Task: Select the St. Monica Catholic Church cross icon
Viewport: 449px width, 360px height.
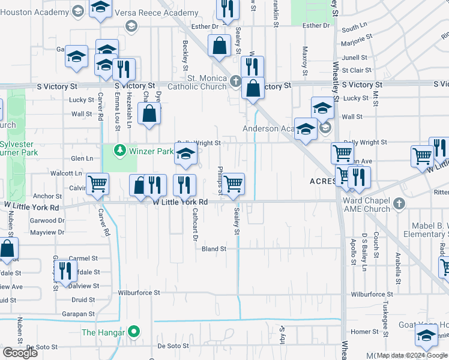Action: click(236, 80)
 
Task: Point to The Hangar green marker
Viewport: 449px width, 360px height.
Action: click(135, 332)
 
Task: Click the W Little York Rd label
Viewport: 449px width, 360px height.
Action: click(180, 202)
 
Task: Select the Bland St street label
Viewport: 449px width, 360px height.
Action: click(214, 248)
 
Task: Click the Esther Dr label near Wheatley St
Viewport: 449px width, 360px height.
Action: click(316, 25)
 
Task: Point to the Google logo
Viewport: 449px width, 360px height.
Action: click(20, 353)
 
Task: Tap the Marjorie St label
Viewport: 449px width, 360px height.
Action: click(357, 41)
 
